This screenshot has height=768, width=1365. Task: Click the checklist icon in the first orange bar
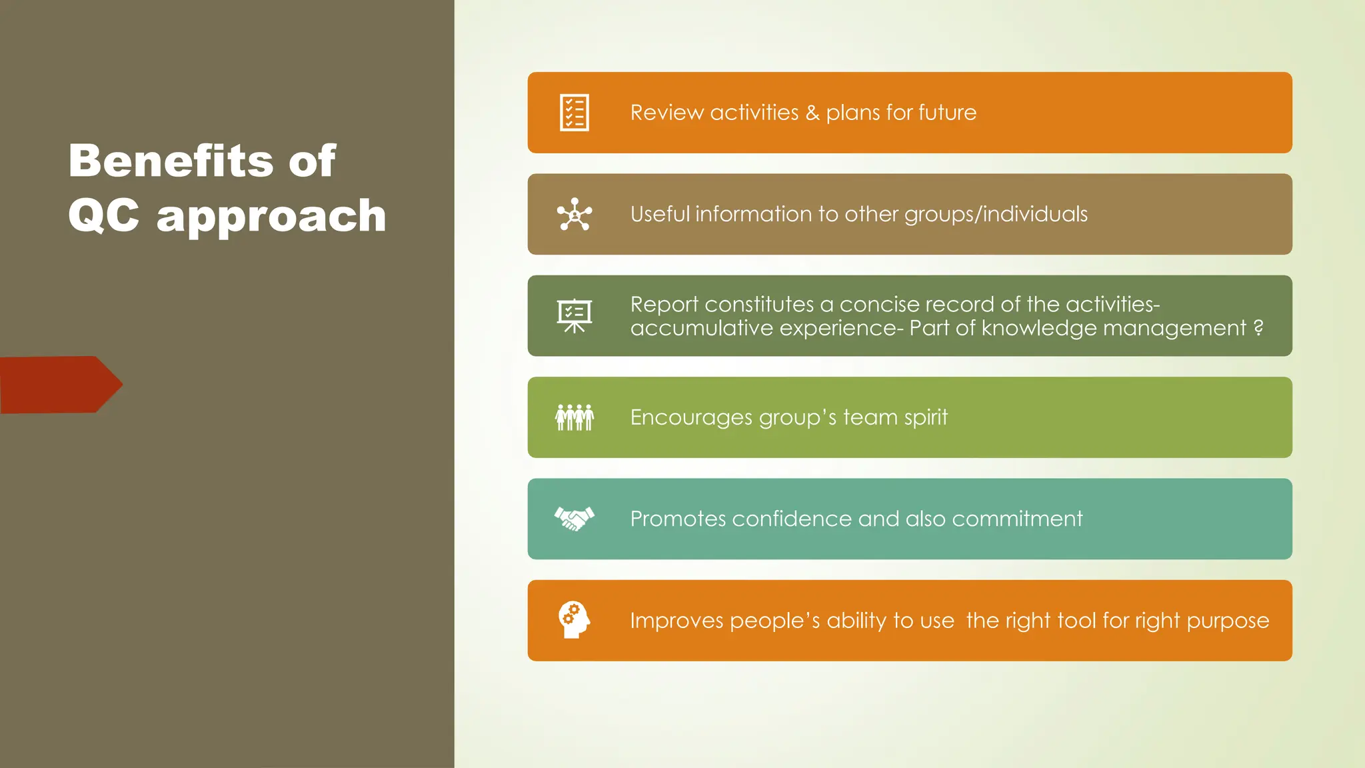click(x=574, y=113)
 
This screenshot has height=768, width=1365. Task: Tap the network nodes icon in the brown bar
click(x=574, y=215)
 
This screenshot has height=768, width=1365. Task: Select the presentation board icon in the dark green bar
click(x=574, y=316)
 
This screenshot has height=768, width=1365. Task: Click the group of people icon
click(x=574, y=417)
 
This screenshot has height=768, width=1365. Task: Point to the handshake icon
click(x=574, y=519)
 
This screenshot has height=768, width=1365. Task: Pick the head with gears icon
click(x=574, y=620)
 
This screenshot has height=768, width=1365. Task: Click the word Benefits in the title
click(x=170, y=161)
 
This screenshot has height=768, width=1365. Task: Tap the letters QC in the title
click(x=104, y=216)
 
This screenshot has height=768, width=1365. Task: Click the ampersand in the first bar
click(x=812, y=113)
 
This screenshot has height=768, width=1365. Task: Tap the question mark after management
click(x=1258, y=328)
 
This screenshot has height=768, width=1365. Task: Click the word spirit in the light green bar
click(x=926, y=418)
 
